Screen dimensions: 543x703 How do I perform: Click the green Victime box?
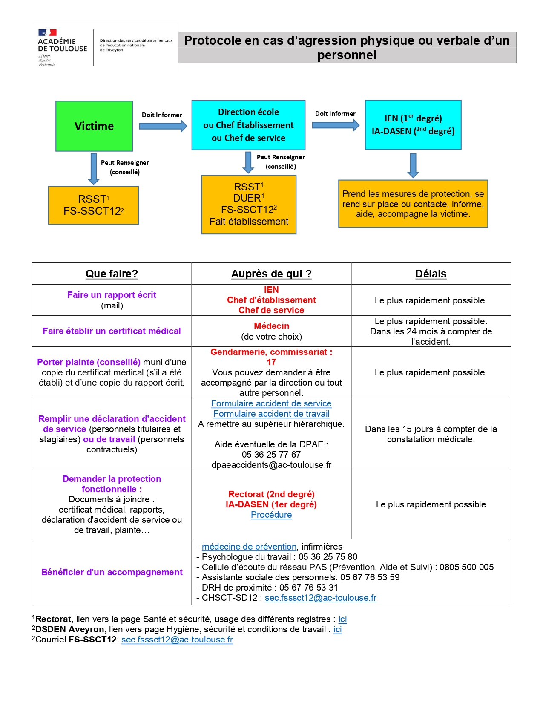click(x=94, y=126)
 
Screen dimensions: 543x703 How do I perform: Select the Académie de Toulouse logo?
click(x=63, y=48)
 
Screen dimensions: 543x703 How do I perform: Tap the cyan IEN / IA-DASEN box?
click(x=413, y=125)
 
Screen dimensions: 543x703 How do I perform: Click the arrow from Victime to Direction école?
click(x=163, y=126)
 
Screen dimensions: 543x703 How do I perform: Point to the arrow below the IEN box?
click(x=413, y=165)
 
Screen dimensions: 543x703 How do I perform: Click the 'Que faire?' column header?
click(x=112, y=274)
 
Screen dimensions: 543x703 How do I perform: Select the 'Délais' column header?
click(x=431, y=274)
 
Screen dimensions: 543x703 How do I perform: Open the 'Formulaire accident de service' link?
click(x=271, y=403)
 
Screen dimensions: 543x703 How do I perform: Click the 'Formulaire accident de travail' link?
click(x=271, y=414)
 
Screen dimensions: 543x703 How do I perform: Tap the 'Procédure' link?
click(x=271, y=515)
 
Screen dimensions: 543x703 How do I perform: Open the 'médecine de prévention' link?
click(x=249, y=546)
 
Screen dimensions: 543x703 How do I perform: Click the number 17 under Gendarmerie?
click(x=271, y=362)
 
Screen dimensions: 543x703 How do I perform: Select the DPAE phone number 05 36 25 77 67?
click(x=271, y=455)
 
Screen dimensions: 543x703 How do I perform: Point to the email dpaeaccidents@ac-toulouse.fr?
click(x=271, y=465)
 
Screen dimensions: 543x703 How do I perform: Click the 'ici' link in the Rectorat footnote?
click(x=342, y=619)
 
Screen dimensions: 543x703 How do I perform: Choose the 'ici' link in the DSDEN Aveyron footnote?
click(x=338, y=629)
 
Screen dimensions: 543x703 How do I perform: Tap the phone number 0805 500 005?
click(x=466, y=567)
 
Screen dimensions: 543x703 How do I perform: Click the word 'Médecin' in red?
click(x=271, y=326)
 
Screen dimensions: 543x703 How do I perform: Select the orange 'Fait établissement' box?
click(x=249, y=205)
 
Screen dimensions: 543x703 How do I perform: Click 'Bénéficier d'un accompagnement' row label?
click(x=112, y=572)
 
